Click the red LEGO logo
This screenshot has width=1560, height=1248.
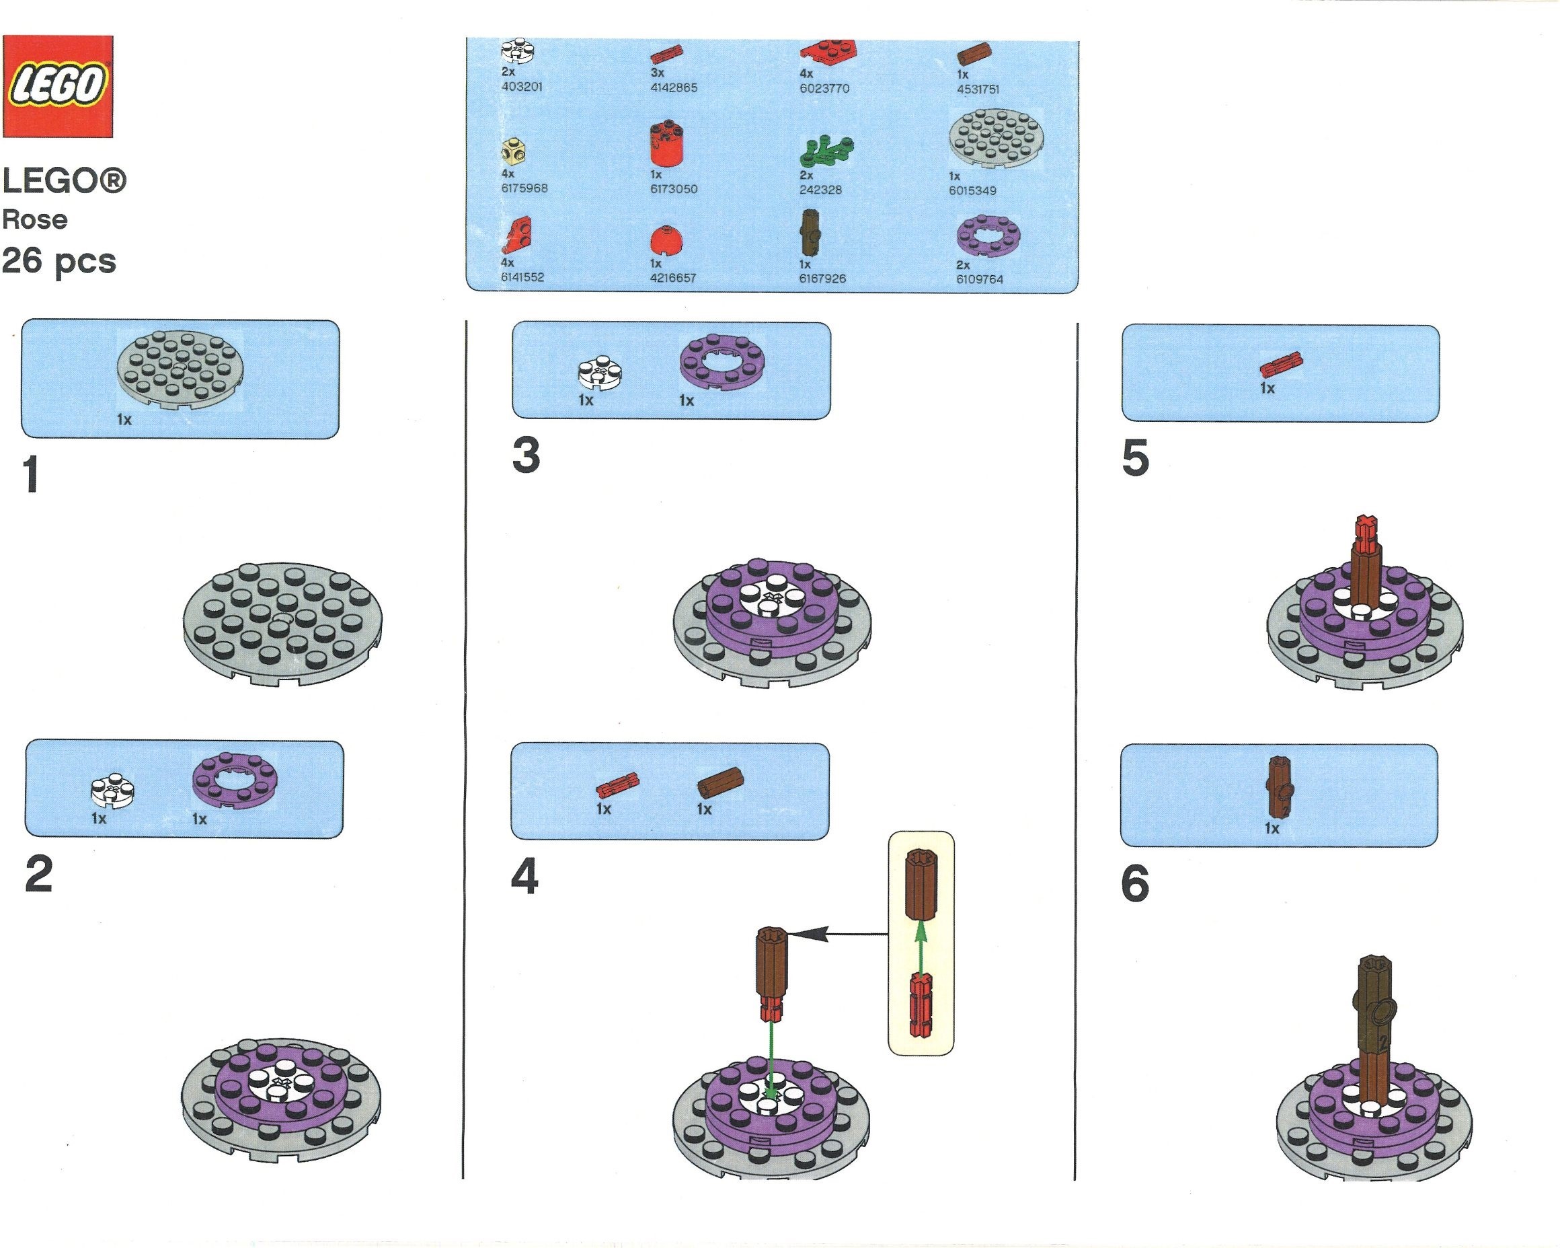(58, 86)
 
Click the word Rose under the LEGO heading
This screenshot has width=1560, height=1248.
(35, 219)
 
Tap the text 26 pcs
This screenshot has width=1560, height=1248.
(58, 261)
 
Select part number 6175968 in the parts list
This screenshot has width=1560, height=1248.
(524, 188)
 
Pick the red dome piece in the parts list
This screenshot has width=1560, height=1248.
(666, 240)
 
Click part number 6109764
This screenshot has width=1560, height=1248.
(980, 279)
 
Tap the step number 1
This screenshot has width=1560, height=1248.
(31, 474)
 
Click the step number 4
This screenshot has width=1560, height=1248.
(524, 877)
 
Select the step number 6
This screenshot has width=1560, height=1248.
(1134, 883)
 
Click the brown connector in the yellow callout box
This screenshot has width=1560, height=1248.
(921, 883)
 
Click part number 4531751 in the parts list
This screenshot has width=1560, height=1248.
(978, 89)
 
